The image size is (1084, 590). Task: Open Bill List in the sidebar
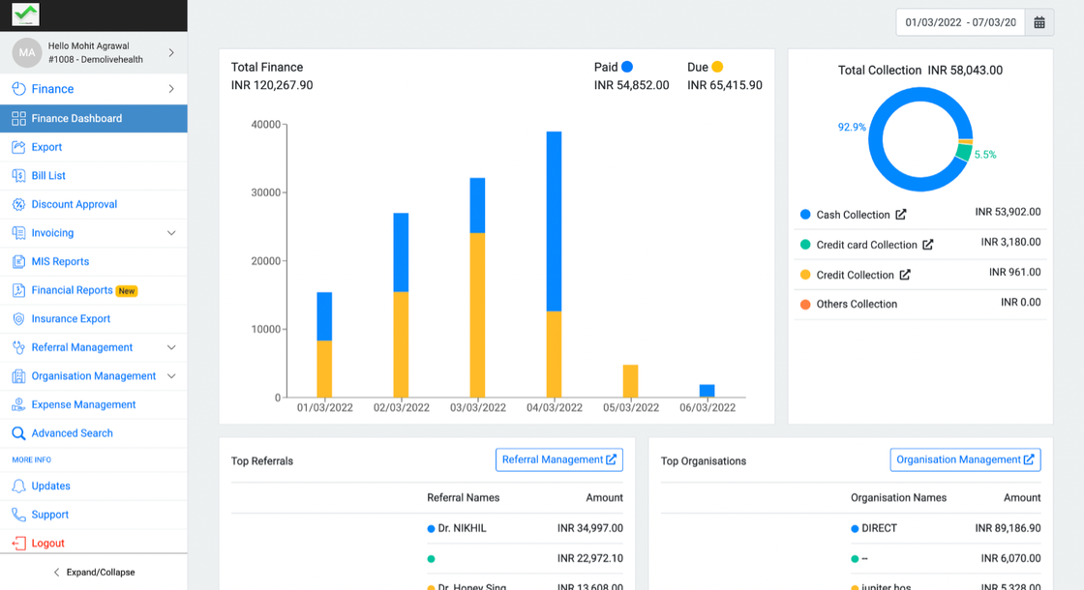click(x=48, y=176)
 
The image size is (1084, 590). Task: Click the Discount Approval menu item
click(x=74, y=204)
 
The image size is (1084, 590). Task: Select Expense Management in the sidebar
click(x=83, y=404)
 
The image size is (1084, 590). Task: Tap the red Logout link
click(x=47, y=544)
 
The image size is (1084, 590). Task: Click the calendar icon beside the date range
click(x=1039, y=22)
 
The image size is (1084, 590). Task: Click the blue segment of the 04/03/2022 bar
click(x=554, y=221)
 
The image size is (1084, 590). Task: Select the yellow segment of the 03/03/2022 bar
click(x=477, y=314)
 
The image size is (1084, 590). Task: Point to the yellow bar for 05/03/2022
click(x=630, y=381)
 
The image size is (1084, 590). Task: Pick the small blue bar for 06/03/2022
click(x=707, y=391)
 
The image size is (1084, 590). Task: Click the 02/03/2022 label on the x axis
click(x=401, y=408)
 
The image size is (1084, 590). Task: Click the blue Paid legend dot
click(x=627, y=67)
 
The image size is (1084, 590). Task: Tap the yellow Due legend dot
click(x=717, y=67)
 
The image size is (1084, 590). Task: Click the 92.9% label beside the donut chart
click(x=852, y=127)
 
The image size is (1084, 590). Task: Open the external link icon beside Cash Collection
click(x=901, y=215)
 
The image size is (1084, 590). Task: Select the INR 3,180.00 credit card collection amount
click(x=1010, y=242)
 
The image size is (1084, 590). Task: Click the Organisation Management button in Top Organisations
click(x=965, y=459)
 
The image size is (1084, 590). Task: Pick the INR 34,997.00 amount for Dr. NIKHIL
click(x=589, y=528)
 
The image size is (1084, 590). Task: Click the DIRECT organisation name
click(x=879, y=528)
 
